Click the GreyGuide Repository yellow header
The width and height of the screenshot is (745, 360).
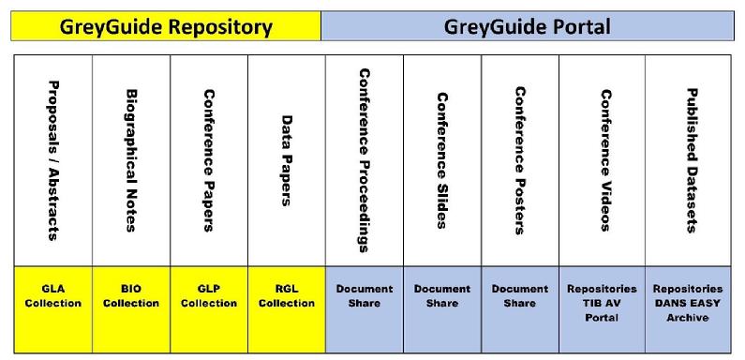click(166, 26)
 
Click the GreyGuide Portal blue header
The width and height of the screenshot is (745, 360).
click(528, 26)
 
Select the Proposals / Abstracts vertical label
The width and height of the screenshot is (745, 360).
click(53, 160)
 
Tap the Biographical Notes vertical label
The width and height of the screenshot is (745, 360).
click(131, 160)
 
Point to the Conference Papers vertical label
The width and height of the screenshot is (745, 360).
click(209, 160)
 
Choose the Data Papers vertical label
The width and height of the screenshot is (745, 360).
click(287, 160)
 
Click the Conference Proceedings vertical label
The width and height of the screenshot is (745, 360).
click(365, 160)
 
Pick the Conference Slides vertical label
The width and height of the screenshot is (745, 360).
click(442, 160)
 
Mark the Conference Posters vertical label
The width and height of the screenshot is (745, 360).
click(520, 160)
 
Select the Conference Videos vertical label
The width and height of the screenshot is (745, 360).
click(605, 160)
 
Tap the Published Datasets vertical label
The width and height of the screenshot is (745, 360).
click(693, 160)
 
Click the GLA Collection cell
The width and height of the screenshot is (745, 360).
click(53, 309)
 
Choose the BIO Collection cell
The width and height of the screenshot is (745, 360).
click(131, 309)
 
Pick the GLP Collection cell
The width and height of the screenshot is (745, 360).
click(209, 309)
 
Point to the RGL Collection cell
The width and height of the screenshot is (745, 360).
click(287, 309)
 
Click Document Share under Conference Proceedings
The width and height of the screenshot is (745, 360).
click(365, 309)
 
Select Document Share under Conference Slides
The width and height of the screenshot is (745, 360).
click(442, 309)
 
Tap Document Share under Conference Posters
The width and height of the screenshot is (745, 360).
click(520, 309)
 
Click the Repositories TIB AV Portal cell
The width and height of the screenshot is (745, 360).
click(602, 309)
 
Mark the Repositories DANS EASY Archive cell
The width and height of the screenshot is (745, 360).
click(688, 309)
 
